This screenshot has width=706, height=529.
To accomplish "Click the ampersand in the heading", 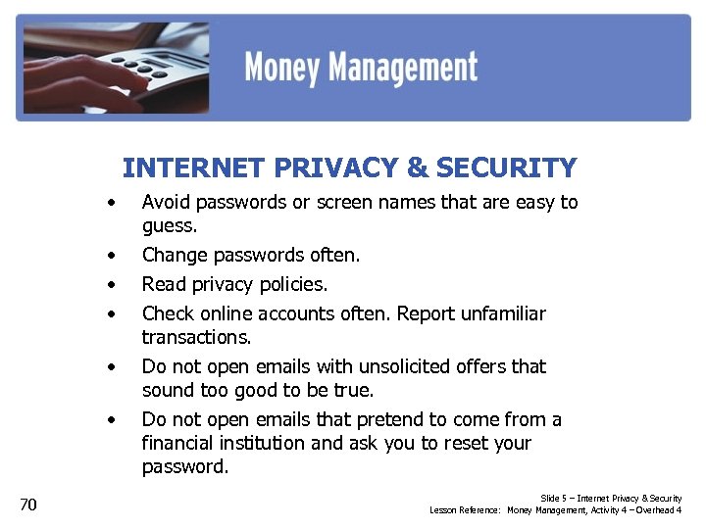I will tap(417, 168).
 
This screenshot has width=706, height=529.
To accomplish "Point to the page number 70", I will tap(28, 505).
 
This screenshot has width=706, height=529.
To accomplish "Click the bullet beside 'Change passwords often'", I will tap(114, 257).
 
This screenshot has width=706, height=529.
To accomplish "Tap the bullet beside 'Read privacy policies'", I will tap(114, 286).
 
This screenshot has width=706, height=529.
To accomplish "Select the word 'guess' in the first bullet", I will tap(168, 226).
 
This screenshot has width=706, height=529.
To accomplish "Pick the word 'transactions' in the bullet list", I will tap(195, 337).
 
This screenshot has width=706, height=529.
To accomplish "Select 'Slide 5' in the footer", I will tap(553, 499).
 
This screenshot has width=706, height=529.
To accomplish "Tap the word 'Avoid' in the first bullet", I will tap(165, 203).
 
